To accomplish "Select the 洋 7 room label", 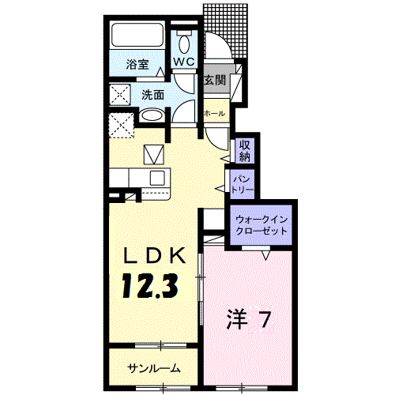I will pos(250,320).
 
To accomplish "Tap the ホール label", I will pos(214,114).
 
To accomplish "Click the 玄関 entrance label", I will pos(214,80).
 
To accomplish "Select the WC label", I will pos(184,61).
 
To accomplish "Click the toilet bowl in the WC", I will pos(184,42).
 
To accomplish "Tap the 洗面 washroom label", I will pos(153,95).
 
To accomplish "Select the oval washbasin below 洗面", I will pos(153,116).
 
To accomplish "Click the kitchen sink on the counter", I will pos(156,176).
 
